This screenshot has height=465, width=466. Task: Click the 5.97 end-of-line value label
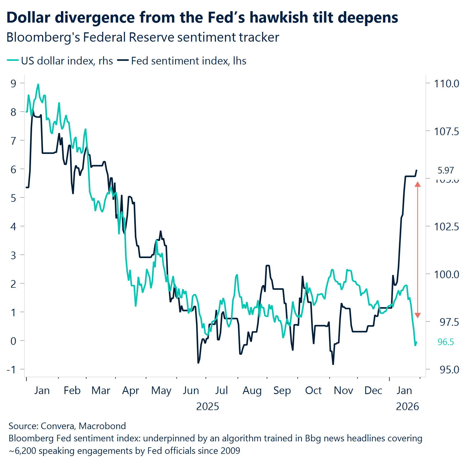(446, 170)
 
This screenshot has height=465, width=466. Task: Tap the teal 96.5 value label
(446, 342)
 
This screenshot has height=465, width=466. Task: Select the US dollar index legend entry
(60, 61)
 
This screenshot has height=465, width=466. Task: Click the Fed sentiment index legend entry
(182, 61)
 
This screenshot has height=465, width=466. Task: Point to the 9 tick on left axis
(13, 83)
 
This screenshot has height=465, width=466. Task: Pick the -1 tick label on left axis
(11, 370)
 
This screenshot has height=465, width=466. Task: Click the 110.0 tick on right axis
(446, 83)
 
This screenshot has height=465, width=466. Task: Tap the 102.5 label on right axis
(446, 227)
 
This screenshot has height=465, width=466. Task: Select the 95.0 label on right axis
(449, 370)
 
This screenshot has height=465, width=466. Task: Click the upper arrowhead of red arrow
(418, 185)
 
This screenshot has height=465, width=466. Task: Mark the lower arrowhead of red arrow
(418, 315)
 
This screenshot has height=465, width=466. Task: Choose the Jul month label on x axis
(221, 390)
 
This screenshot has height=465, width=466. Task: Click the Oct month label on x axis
(313, 390)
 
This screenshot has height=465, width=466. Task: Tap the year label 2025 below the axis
(208, 406)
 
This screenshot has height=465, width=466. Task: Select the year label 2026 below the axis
(407, 406)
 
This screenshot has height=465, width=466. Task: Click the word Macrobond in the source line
(102, 426)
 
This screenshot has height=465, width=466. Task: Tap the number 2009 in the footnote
(230, 451)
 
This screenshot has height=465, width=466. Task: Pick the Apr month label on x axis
(130, 390)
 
